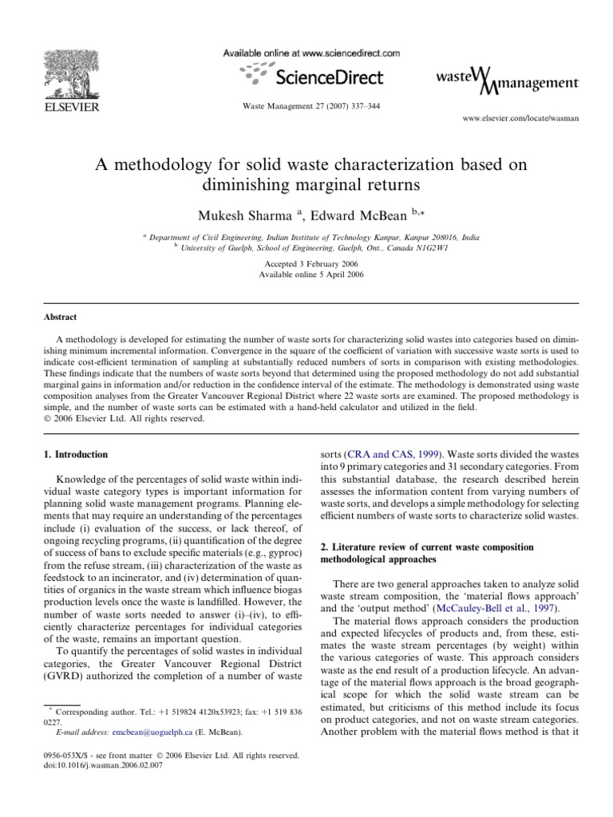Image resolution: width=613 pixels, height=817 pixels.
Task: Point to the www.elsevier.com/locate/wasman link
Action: (520, 117)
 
